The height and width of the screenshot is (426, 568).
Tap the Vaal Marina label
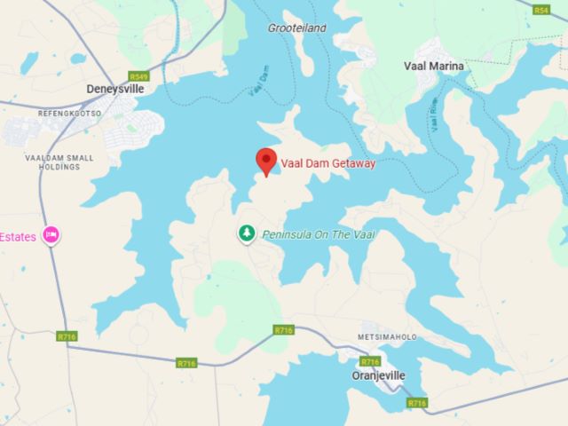click(434, 66)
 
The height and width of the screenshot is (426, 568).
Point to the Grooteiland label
click(296, 28)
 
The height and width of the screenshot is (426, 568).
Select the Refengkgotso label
click(70, 113)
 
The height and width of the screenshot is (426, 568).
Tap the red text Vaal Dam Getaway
click(328, 164)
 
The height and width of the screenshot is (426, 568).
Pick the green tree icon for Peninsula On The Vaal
click(246, 233)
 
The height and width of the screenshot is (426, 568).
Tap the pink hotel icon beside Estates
click(51, 235)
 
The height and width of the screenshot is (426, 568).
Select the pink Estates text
click(18, 236)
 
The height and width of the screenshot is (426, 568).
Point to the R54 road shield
click(541, 10)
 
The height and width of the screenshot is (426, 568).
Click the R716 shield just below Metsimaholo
click(370, 361)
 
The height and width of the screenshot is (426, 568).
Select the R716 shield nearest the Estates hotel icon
click(67, 336)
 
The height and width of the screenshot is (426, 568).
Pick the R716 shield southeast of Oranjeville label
click(416, 403)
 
